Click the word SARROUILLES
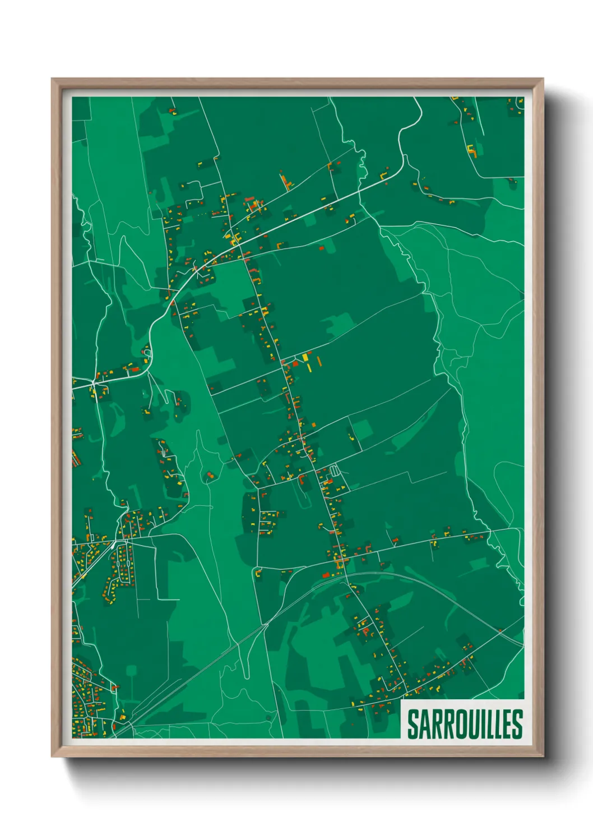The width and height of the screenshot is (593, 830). click(464, 724)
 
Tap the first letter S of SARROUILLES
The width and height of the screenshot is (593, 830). click(412, 724)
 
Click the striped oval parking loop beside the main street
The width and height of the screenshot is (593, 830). click(335, 470)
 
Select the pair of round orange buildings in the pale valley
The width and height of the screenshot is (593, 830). click(210, 476)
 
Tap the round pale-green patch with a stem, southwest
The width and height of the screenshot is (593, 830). click(131, 671)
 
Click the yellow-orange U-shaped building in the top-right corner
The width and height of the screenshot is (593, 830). click(472, 150)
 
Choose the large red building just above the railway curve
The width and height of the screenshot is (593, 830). click(327, 575)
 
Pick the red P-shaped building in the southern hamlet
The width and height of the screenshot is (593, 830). click(365, 632)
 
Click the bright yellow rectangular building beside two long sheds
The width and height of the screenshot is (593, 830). click(305, 357)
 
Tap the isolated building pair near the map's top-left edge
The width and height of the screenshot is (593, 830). click(172, 112)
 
